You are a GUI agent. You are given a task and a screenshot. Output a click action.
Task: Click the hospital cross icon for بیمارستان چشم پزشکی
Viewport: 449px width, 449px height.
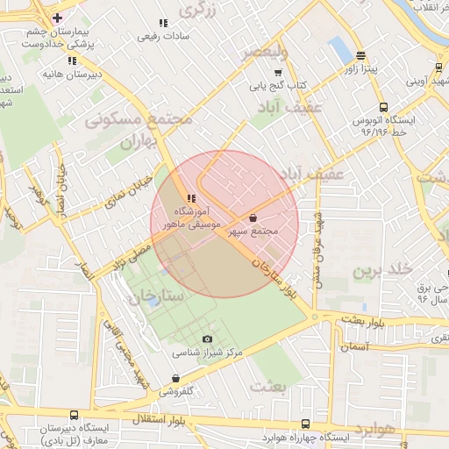[57, 18]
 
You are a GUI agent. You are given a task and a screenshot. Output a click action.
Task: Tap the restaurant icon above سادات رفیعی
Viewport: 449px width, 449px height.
[161, 24]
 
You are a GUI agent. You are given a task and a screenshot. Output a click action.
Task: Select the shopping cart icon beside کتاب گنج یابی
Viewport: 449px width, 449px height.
[279, 73]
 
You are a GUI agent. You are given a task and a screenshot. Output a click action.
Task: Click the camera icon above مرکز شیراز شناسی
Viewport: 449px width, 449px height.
[207, 339]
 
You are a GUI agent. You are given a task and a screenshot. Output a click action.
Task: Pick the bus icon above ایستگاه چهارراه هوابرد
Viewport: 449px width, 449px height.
[304, 424]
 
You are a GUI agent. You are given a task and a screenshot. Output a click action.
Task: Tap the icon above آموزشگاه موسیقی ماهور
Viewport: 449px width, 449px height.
[190, 198]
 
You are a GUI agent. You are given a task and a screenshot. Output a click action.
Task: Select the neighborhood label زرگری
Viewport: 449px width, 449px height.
[197, 10]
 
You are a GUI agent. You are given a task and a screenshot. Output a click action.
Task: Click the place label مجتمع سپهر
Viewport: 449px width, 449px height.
[253, 232]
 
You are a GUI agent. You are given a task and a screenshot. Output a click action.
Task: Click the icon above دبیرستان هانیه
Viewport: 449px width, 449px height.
[72, 61]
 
